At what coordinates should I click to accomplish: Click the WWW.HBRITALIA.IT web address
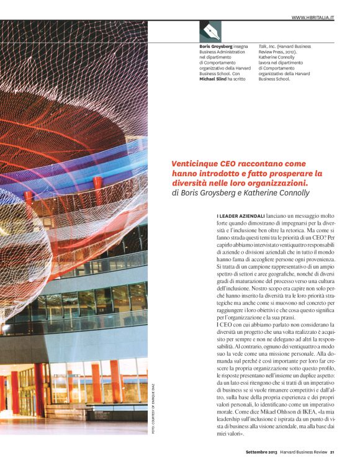[313, 17]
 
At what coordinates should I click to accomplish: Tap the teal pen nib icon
[210, 32]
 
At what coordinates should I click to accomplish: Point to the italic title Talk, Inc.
[267, 47]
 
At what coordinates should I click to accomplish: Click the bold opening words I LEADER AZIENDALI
[238, 215]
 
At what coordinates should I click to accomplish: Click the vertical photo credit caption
[153, 410]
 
